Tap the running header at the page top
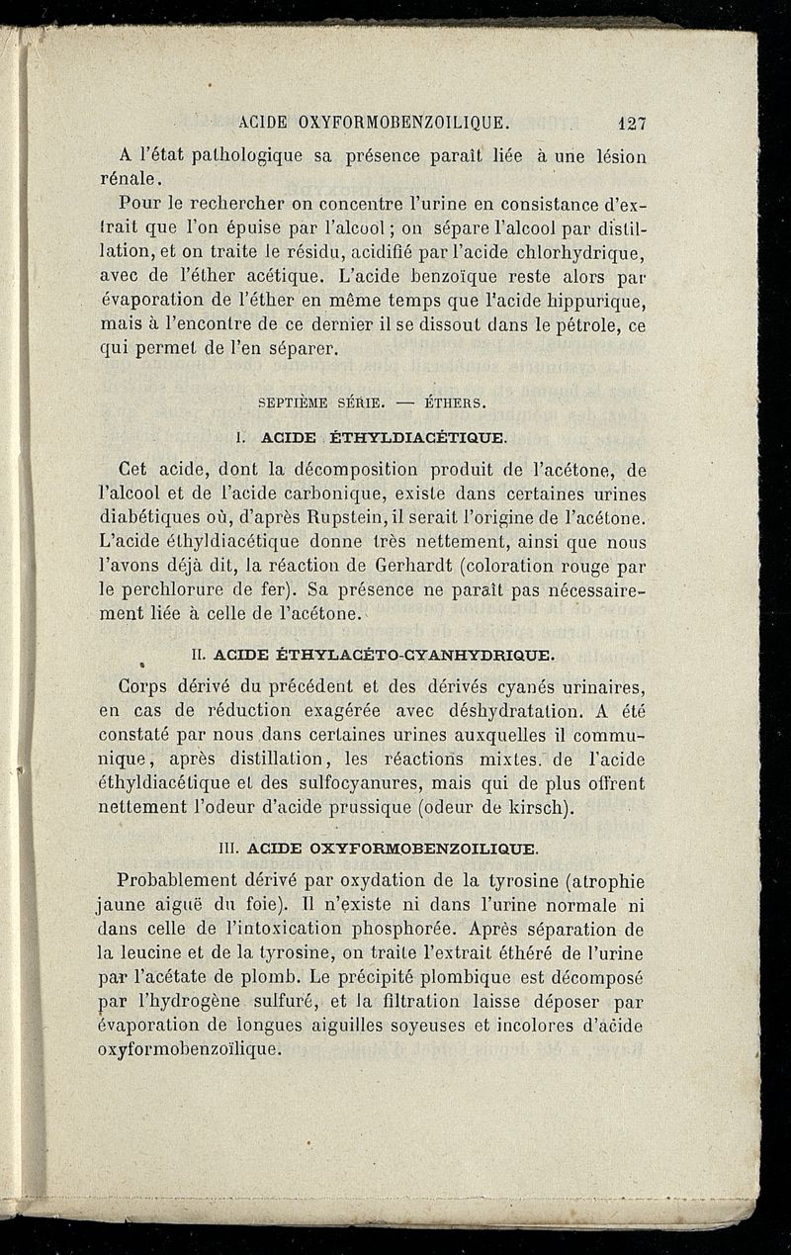(375, 124)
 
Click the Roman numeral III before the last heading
(229, 848)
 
